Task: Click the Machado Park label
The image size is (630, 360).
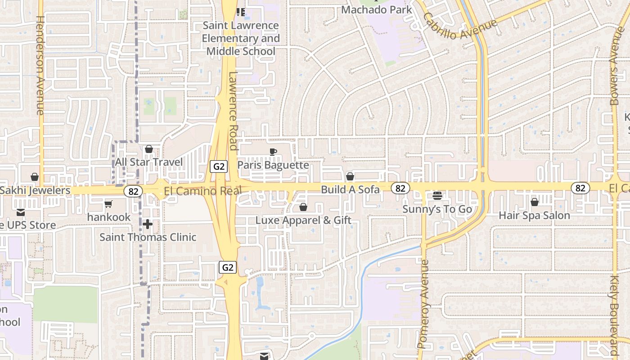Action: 377,9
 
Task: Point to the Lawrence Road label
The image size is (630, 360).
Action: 233,110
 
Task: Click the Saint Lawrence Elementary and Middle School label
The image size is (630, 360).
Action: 241,38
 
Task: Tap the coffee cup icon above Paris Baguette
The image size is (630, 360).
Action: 273,152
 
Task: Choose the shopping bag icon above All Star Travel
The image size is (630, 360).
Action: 149,149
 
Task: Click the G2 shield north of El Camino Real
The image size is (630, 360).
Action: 219,166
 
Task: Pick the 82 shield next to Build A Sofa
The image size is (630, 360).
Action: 400,188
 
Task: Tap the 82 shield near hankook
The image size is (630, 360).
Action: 133,191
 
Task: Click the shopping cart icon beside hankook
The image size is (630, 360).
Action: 108,204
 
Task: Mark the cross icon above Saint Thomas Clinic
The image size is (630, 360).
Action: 148,224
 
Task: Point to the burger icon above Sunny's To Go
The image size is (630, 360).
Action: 437,196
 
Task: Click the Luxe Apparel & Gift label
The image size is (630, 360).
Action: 303,220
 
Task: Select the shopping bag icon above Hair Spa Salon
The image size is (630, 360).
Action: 535,202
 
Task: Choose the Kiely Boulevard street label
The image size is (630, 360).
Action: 615,315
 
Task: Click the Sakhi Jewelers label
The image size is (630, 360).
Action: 35,190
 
